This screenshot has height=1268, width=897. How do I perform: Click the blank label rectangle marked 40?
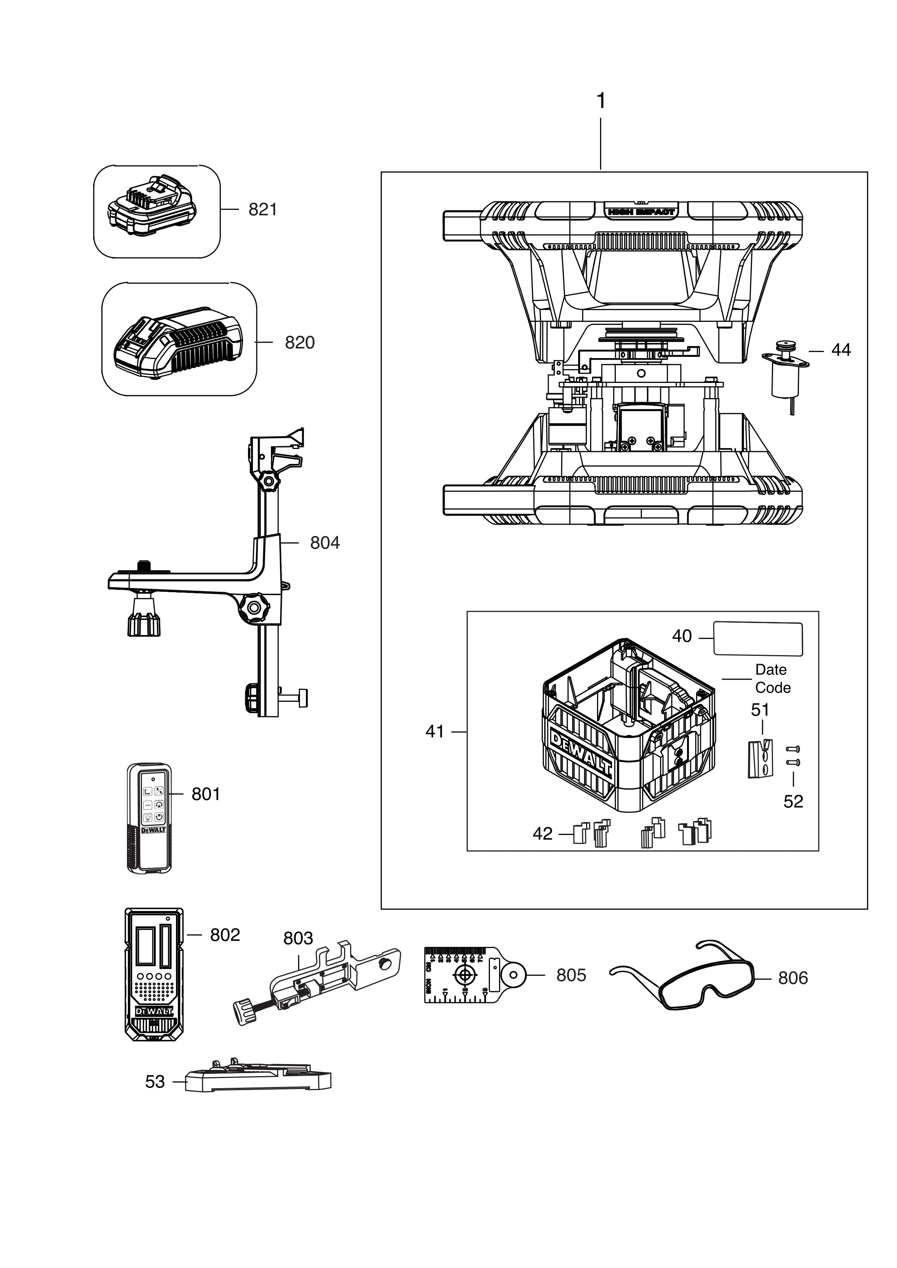(758, 639)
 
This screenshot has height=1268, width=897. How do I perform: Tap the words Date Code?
(772, 679)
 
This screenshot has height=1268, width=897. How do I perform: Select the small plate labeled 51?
(760, 759)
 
